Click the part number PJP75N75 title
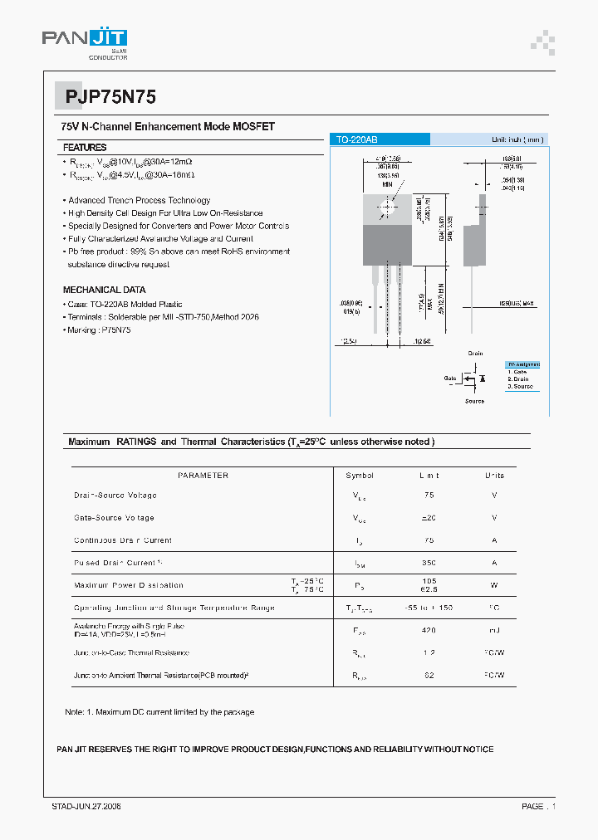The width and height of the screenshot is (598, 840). click(x=105, y=97)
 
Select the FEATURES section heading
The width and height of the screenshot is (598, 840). click(x=85, y=147)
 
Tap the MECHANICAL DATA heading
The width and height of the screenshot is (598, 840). click(x=104, y=290)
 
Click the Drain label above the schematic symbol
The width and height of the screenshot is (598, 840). click(x=475, y=354)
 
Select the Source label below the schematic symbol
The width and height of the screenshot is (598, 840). click(x=474, y=402)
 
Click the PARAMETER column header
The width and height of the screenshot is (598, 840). click(x=203, y=476)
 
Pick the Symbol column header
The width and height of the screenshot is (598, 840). click(x=360, y=476)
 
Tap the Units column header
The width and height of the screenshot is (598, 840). click(x=494, y=476)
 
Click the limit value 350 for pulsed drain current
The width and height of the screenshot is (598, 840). click(x=429, y=563)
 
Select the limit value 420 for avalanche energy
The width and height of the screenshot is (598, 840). click(x=429, y=631)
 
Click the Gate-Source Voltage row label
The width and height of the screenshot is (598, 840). click(x=114, y=518)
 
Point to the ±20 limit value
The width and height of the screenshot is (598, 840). click(x=429, y=518)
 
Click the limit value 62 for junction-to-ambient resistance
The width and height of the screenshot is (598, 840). click(x=429, y=676)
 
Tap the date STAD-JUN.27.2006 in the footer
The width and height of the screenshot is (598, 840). click(x=81, y=807)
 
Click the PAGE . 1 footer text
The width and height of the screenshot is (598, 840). click(x=538, y=807)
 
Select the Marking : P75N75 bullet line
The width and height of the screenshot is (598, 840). click(x=98, y=330)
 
